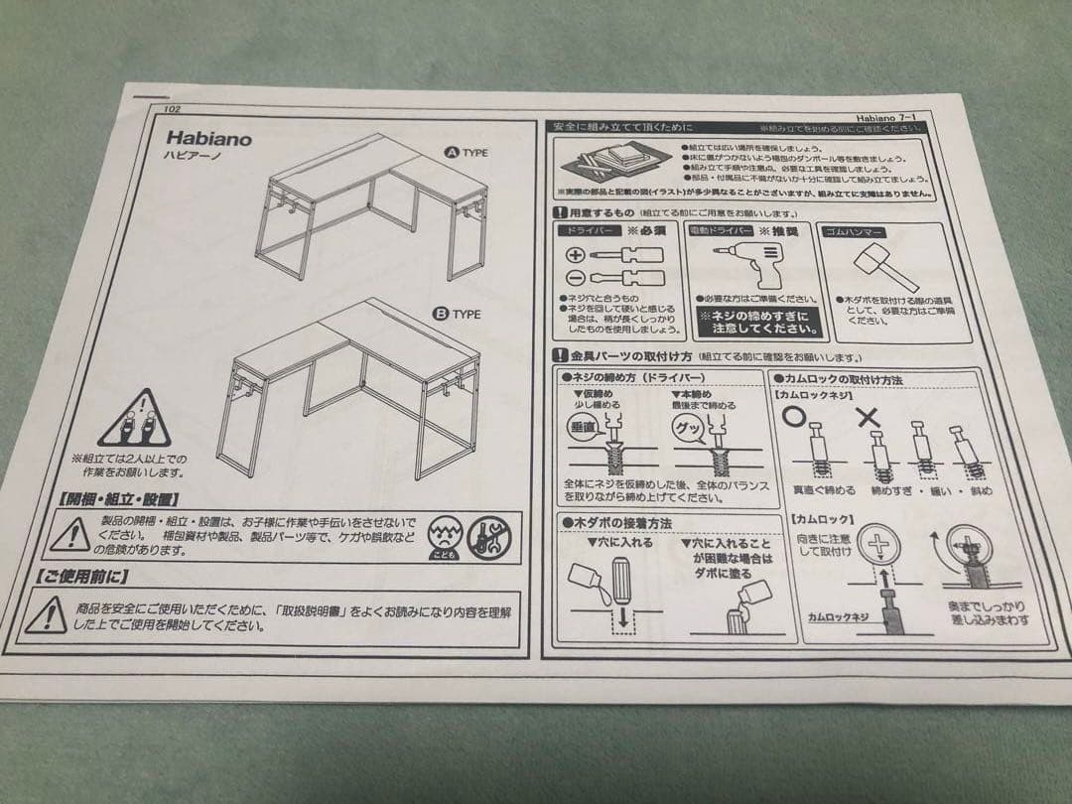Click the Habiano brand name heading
pyautogui.click(x=209, y=139)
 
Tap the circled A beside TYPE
pyautogui.click(x=450, y=154)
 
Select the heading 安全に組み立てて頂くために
pyautogui.click(x=625, y=128)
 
